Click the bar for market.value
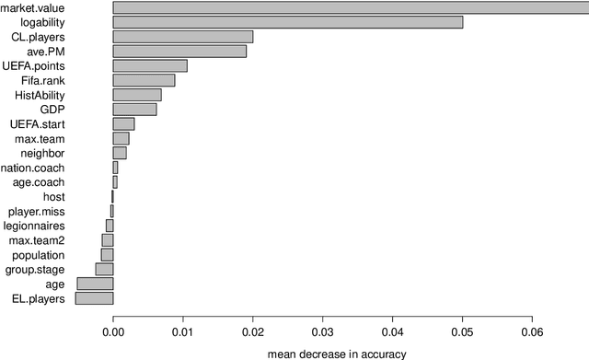[350, 7]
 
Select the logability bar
[287, 22]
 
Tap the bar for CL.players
[182, 37]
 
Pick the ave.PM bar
[179, 52]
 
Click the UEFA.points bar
[150, 65]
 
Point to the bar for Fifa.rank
[144, 80]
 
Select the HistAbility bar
[137, 95]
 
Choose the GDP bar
[134, 110]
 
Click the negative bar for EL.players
[94, 298]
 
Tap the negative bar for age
[95, 284]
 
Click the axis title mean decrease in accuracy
[336, 353]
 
